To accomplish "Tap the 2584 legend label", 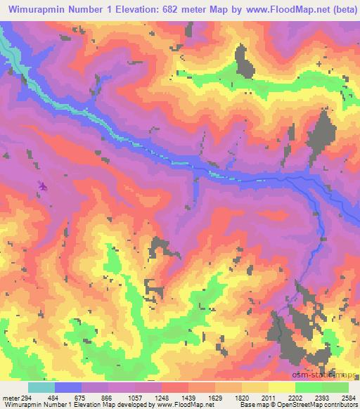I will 347,397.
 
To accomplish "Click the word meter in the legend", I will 9,397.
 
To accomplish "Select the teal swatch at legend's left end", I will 41,387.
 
